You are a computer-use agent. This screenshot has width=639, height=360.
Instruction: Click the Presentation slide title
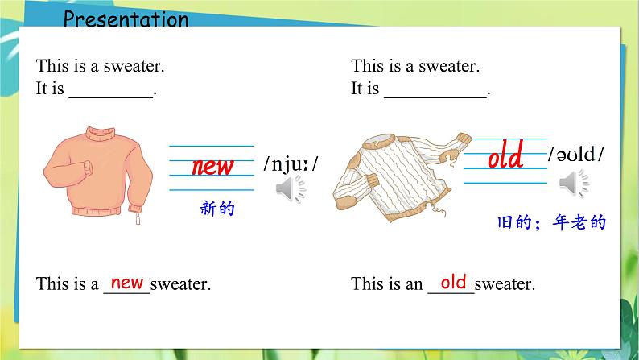pyautogui.click(x=126, y=19)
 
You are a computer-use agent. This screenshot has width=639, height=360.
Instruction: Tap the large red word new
pyautogui.click(x=212, y=166)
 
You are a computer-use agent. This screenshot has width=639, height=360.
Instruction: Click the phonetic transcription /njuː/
pyautogui.click(x=291, y=165)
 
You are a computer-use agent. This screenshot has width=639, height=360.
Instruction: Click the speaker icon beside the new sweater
pyautogui.click(x=291, y=189)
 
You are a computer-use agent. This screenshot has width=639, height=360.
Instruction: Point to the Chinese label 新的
pyautogui.click(x=216, y=209)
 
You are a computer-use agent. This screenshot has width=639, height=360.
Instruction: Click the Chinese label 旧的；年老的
pyautogui.click(x=550, y=223)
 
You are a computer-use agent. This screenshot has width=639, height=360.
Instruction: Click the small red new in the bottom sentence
pyautogui.click(x=127, y=282)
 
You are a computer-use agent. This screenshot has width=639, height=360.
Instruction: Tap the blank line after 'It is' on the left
pyautogui.click(x=111, y=90)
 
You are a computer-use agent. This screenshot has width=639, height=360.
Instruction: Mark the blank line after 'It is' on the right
pyautogui.click(x=435, y=90)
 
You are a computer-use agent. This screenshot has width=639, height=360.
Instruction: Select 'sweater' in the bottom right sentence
pyautogui.click(x=505, y=283)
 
